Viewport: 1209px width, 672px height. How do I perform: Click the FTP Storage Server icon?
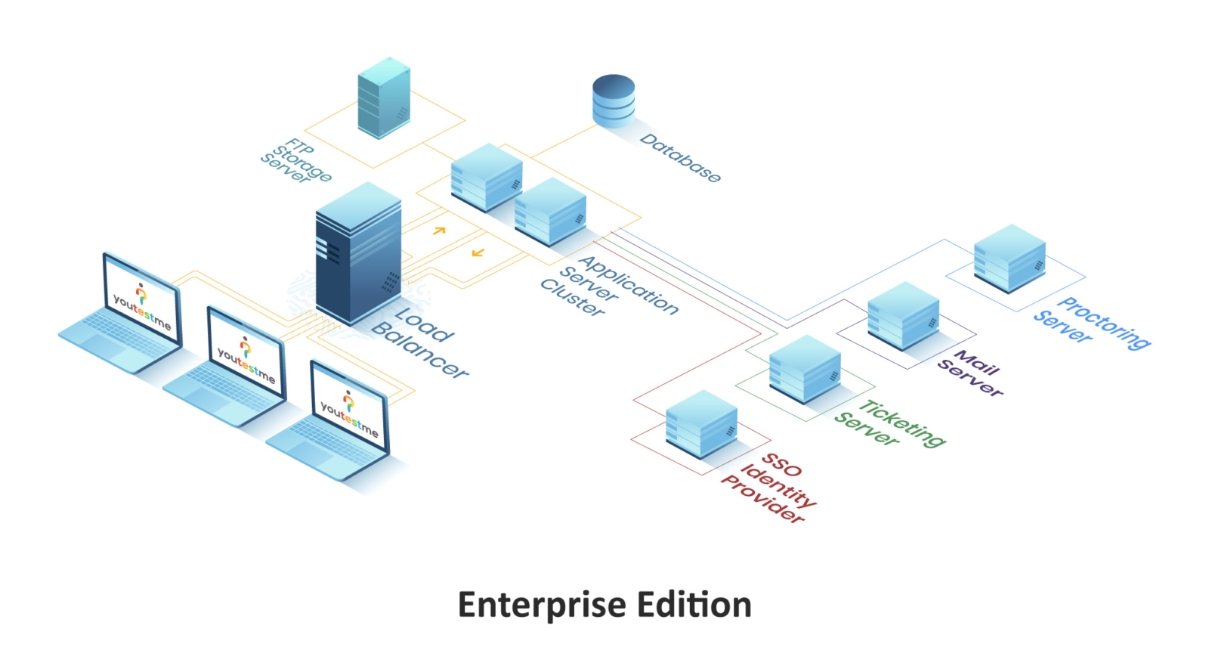point(384,98)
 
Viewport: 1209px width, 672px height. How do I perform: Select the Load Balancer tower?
point(358,253)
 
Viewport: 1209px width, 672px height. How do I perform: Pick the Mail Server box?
point(903,316)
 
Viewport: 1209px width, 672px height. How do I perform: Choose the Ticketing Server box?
point(805,369)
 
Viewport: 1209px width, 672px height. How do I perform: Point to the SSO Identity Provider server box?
point(701,424)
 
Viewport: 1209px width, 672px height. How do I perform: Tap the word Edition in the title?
point(694,605)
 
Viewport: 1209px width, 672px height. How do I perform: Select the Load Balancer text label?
point(420,342)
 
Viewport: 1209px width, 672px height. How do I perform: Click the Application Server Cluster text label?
point(609,286)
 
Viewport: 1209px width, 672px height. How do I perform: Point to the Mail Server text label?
point(971,373)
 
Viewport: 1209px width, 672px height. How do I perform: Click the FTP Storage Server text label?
point(296,161)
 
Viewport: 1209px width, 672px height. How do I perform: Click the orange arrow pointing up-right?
point(439,230)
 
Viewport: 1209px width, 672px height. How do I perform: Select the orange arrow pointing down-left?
point(478,252)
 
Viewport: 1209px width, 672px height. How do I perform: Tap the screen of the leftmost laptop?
point(142,301)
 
